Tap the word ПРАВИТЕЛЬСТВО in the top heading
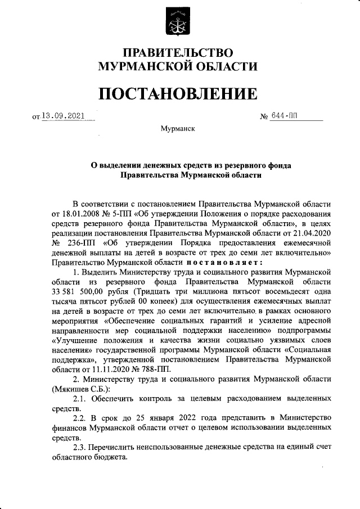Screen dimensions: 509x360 pyautogui.click(x=178, y=53)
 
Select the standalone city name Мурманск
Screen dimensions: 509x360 pyautogui.click(x=178, y=129)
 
